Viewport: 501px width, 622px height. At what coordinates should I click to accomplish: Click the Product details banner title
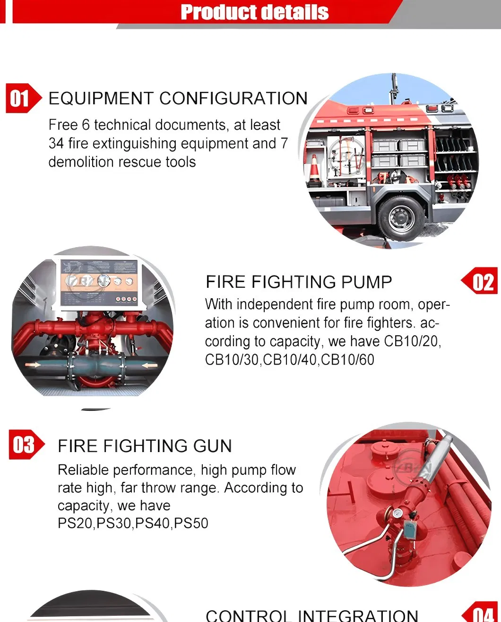(255, 12)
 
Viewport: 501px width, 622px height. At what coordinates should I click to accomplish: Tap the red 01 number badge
(24, 98)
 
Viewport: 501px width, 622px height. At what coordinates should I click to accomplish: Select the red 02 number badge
(479, 280)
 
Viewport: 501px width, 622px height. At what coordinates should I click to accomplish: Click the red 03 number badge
(26, 444)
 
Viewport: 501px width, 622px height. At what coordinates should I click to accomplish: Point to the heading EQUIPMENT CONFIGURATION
(178, 98)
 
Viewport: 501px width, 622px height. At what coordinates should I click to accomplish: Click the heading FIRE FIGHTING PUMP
(299, 282)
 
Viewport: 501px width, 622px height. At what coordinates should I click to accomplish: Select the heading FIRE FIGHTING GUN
(145, 446)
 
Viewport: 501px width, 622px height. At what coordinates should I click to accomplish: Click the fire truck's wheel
(401, 218)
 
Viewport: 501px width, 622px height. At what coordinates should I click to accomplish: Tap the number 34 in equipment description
(56, 143)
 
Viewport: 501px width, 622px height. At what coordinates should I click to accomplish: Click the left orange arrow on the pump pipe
(32, 365)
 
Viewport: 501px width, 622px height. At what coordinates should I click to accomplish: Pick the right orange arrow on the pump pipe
(150, 365)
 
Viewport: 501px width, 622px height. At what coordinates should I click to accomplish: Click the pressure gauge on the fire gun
(397, 513)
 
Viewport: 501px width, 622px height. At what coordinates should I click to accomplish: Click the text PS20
(75, 523)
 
